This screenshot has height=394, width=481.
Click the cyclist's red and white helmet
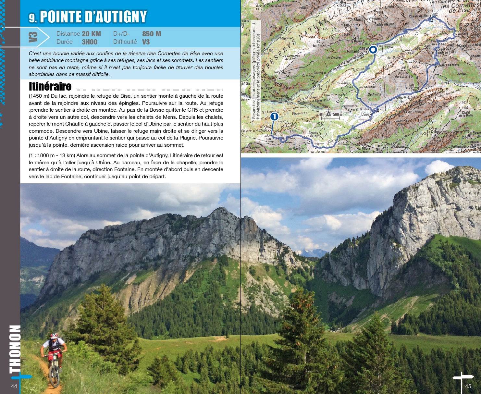pyautogui.click(x=54, y=336)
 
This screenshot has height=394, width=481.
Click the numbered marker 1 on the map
pyautogui.click(x=274, y=116)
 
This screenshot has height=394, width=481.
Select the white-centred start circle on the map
pyautogui.click(x=373, y=50)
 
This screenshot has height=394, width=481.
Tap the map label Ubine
pyautogui.click(x=365, y=114)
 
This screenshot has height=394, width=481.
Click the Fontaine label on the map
pyautogui.click(x=353, y=52)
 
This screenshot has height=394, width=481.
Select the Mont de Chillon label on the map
pyautogui.click(x=363, y=19)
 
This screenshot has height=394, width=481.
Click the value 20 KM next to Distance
pyautogui.click(x=91, y=34)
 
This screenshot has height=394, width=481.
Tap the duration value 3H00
pyautogui.click(x=90, y=42)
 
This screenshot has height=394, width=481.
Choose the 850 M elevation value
pyautogui.click(x=152, y=34)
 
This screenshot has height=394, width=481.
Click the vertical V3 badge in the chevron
pyautogui.click(x=33, y=37)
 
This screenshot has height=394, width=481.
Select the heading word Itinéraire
pyautogui.click(x=50, y=86)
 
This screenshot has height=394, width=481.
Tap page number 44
pyautogui.click(x=14, y=386)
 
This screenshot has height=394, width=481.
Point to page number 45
pyautogui.click(x=468, y=386)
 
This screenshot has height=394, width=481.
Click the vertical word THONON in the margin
pyautogui.click(x=15, y=349)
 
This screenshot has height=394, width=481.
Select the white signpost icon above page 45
pyautogui.click(x=462, y=377)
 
